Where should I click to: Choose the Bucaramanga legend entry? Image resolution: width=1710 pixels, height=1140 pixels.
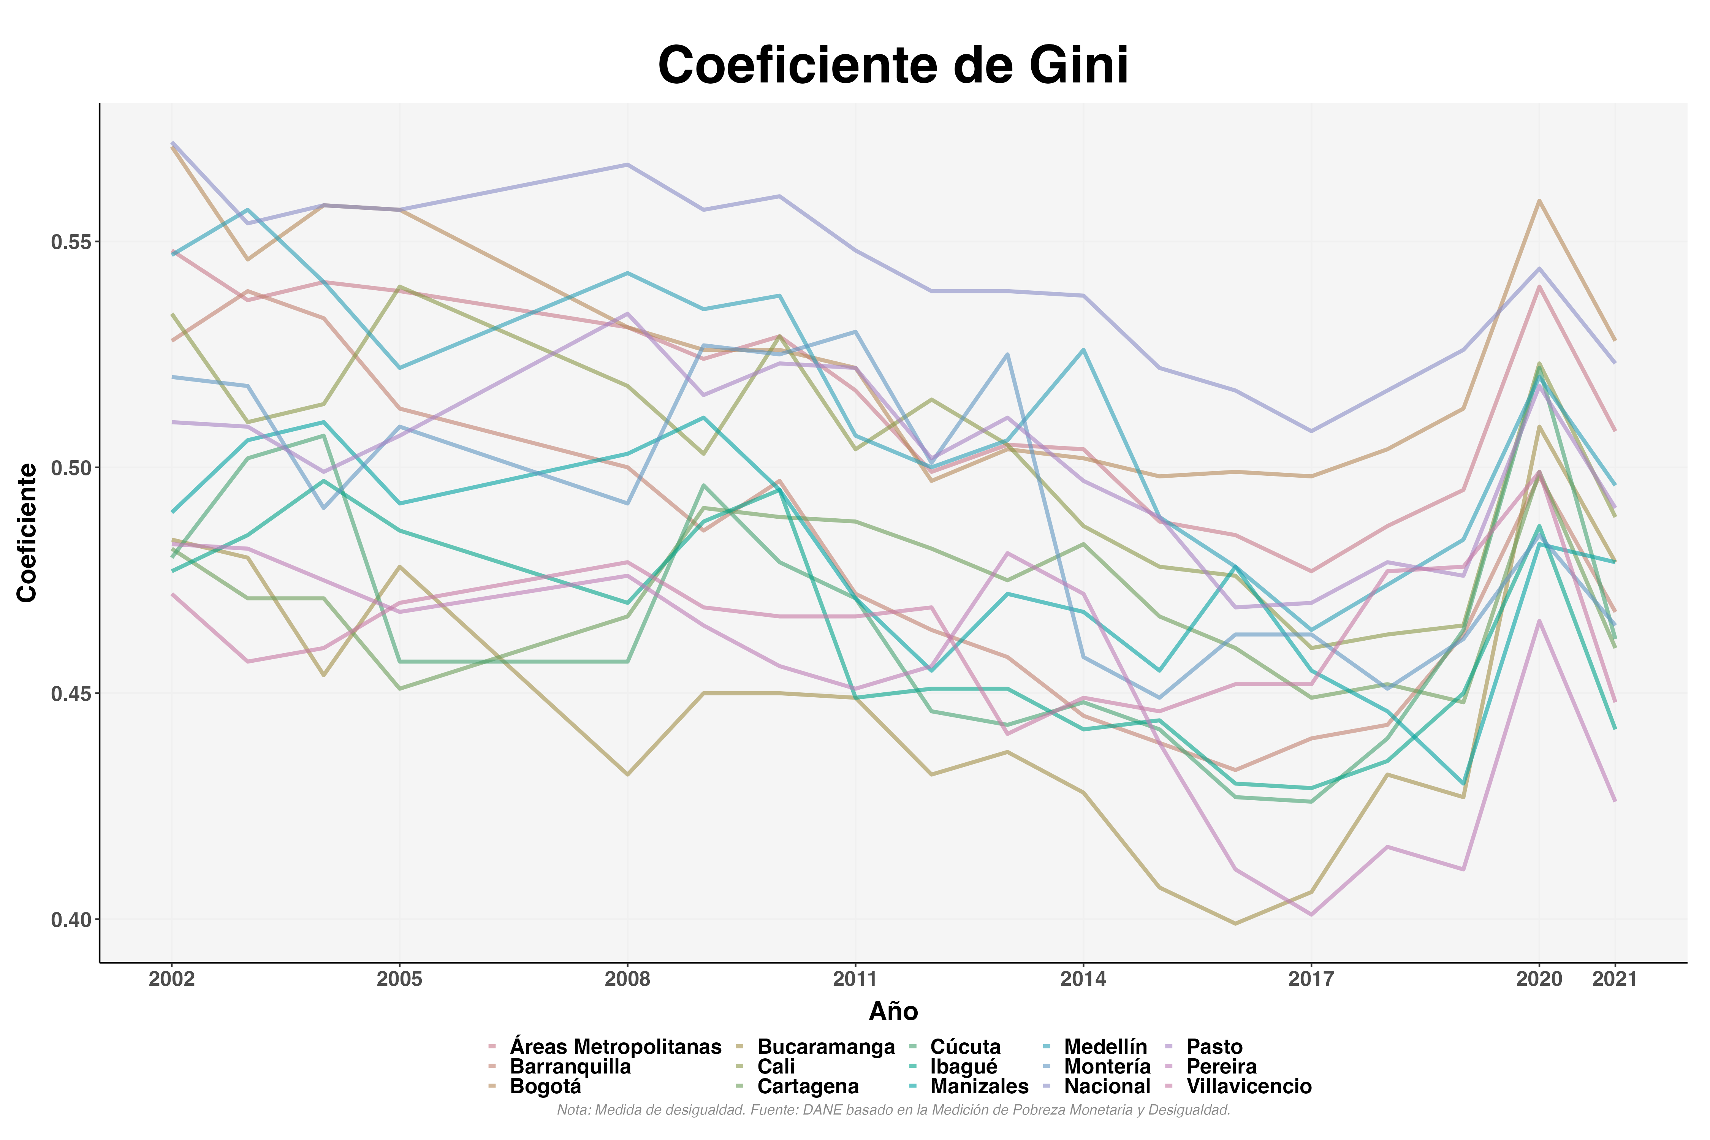click(x=825, y=1047)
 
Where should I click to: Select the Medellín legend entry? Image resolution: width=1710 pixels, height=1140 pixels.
click(x=1105, y=1047)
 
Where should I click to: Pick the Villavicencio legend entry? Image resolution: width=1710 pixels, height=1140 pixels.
click(x=1248, y=1087)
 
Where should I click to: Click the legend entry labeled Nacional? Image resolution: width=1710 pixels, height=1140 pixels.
click(x=1107, y=1087)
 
